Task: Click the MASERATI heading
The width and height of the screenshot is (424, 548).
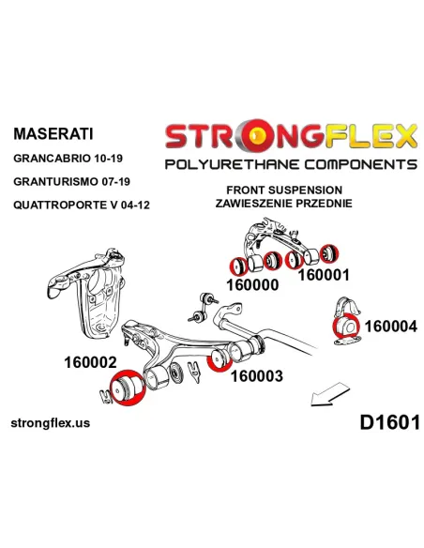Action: click(53, 134)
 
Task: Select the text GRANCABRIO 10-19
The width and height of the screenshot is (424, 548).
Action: click(68, 159)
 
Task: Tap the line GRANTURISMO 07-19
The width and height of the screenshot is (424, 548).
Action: click(71, 181)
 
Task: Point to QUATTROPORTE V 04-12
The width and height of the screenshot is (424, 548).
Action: click(82, 205)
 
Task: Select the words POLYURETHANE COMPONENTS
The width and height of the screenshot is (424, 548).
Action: click(291, 164)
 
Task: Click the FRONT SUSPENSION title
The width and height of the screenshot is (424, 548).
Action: click(284, 190)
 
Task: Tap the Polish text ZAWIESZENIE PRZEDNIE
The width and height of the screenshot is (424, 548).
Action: click(283, 203)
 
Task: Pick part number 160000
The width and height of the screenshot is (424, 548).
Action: click(252, 285)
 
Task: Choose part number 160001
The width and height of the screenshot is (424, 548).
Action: click(324, 275)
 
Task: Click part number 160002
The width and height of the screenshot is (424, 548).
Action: click(90, 362)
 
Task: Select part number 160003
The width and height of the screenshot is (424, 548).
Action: click(257, 376)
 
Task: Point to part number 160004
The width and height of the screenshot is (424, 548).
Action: click(391, 327)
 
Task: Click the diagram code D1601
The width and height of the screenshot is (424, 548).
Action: click(390, 422)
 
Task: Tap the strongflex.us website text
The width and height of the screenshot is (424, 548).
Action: click(51, 423)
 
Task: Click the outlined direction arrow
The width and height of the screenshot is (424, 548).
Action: click(329, 394)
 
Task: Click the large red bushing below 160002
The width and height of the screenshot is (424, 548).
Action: click(126, 388)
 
